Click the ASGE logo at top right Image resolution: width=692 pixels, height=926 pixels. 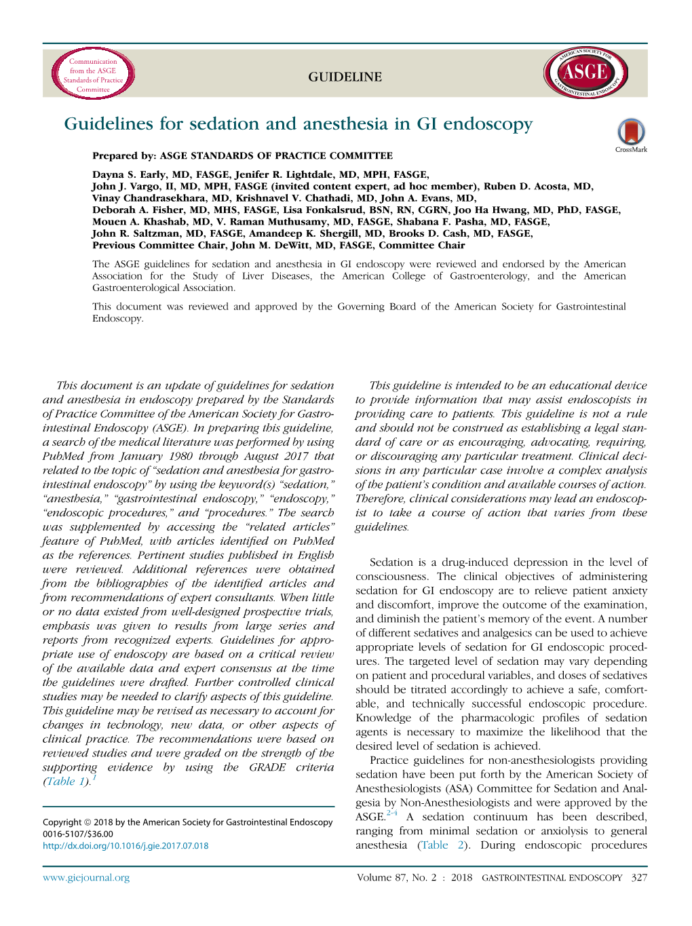pyautogui.click(x=585, y=73)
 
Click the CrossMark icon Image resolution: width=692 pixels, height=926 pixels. pyautogui.click(x=631, y=134)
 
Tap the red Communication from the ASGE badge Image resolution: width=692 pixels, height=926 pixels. pyautogui.click(x=93, y=74)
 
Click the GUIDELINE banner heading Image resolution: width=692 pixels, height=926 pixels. pyautogui.click(x=345, y=77)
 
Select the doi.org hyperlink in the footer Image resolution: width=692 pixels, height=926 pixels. pyautogui.click(x=126, y=846)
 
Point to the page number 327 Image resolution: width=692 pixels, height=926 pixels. pyautogui.click(x=638, y=878)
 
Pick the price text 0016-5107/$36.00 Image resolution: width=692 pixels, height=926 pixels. pyautogui.click(x=78, y=834)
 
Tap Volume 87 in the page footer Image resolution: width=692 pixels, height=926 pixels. pyautogui.click(x=382, y=878)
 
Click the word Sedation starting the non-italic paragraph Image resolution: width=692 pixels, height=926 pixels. pyautogui.click(x=391, y=562)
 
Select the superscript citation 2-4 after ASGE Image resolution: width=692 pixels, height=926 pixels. pyautogui.click(x=391, y=813)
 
